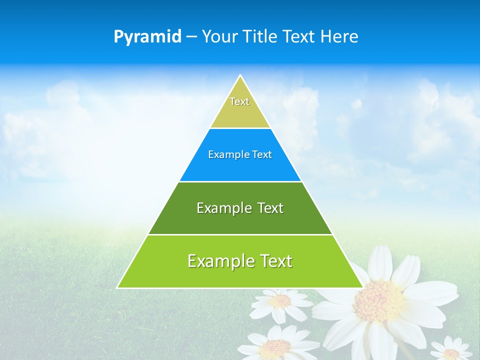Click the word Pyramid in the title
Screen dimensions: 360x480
[x=147, y=36]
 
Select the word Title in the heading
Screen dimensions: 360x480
[x=260, y=36]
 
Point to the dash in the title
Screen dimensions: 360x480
[x=191, y=37]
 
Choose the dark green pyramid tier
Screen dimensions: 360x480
[x=240, y=220]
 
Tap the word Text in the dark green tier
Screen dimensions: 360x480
[x=270, y=208]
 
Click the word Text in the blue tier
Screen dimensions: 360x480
[x=262, y=154]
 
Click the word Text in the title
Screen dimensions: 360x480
[x=299, y=36]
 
